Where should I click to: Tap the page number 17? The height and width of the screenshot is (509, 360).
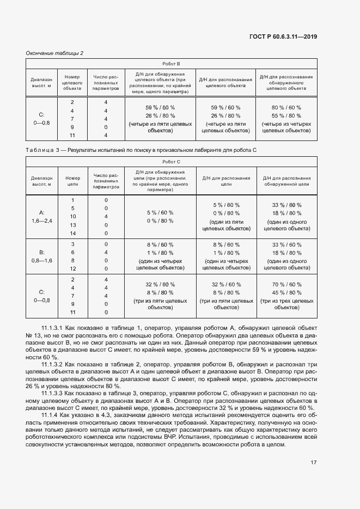point(314,463)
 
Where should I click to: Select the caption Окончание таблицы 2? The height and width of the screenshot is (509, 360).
point(54,53)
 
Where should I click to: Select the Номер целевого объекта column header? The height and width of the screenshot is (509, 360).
point(72,82)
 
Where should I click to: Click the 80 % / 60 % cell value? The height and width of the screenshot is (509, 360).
point(286,107)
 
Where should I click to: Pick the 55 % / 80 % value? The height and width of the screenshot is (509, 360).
point(286,115)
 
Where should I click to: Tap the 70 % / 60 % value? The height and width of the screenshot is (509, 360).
point(286,284)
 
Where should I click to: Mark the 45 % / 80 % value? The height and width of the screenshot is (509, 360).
point(286,292)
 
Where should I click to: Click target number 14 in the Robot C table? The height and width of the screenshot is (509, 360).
point(72,233)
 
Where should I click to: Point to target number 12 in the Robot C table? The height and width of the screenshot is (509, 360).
point(72,268)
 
